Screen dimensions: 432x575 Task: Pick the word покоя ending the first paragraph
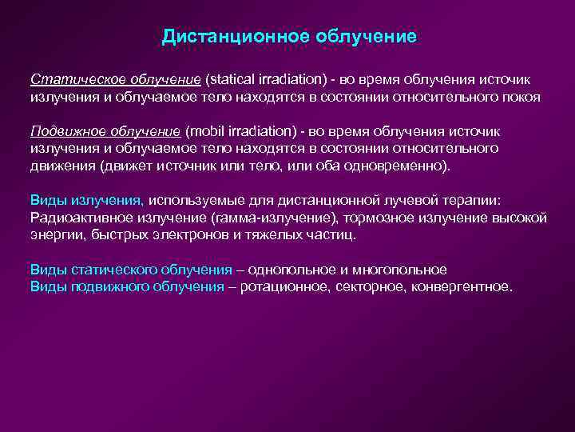521,97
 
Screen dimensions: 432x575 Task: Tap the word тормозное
367,217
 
